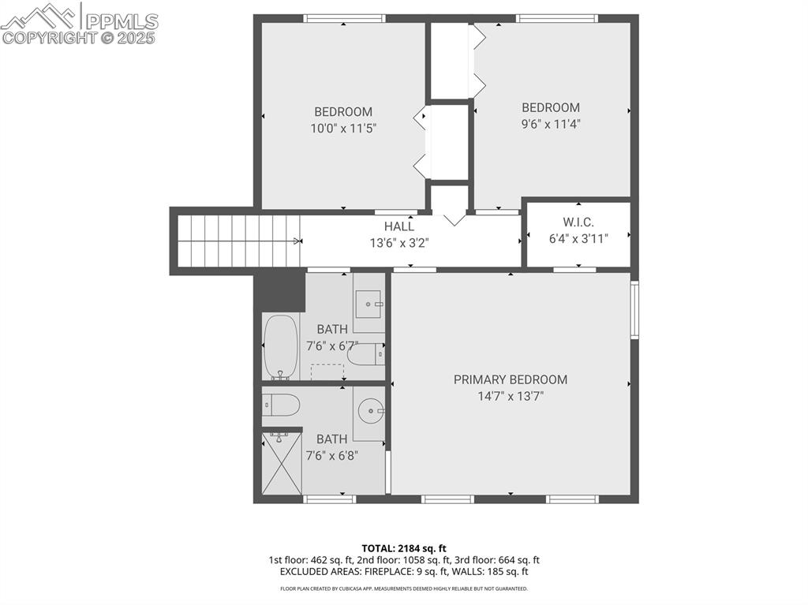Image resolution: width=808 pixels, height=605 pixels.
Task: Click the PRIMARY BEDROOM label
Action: pos(510,379)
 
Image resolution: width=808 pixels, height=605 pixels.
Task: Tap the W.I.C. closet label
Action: pos(578,222)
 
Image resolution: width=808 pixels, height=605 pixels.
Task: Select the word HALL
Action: pos(399,226)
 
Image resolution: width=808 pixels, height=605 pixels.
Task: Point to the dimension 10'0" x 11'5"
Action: pos(343,128)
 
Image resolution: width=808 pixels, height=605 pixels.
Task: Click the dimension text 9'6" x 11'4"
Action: pos(551,123)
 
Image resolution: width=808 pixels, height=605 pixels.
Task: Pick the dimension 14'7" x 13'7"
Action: pos(510,397)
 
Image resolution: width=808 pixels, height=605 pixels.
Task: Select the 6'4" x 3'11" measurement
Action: pos(578,238)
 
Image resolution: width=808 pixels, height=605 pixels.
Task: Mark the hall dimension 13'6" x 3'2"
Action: pos(399,243)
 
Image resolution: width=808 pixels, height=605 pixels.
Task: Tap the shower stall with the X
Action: pos(282,463)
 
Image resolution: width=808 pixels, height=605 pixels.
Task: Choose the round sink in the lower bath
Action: pos(369,410)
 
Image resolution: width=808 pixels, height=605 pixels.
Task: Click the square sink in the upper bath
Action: pos(368,301)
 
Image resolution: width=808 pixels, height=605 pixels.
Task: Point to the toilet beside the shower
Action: pos(282,405)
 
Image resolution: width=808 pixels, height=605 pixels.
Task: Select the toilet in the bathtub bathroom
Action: pos(365,355)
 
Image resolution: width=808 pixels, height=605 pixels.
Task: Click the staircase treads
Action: pos(238,241)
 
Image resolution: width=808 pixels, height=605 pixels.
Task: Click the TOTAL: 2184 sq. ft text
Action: pos(404,548)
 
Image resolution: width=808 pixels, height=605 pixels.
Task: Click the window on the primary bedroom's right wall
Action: pos(634,311)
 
